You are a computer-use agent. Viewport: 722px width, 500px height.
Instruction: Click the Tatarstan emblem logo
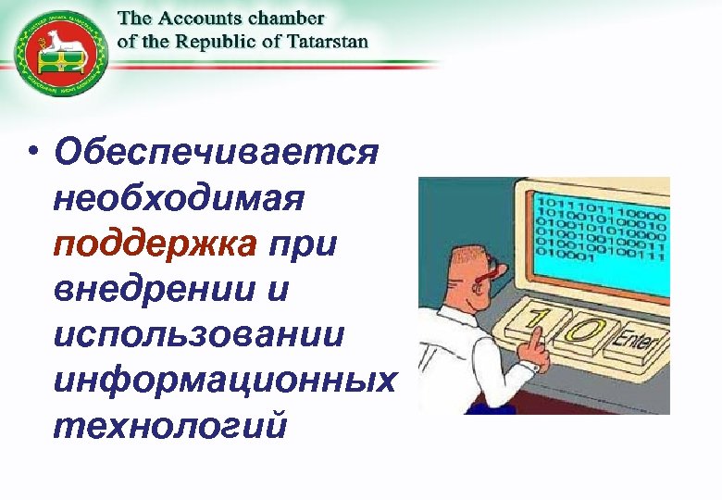[59, 55]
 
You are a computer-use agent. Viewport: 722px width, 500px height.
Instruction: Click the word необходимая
[180, 198]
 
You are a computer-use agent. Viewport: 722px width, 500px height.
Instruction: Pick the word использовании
[199, 333]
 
